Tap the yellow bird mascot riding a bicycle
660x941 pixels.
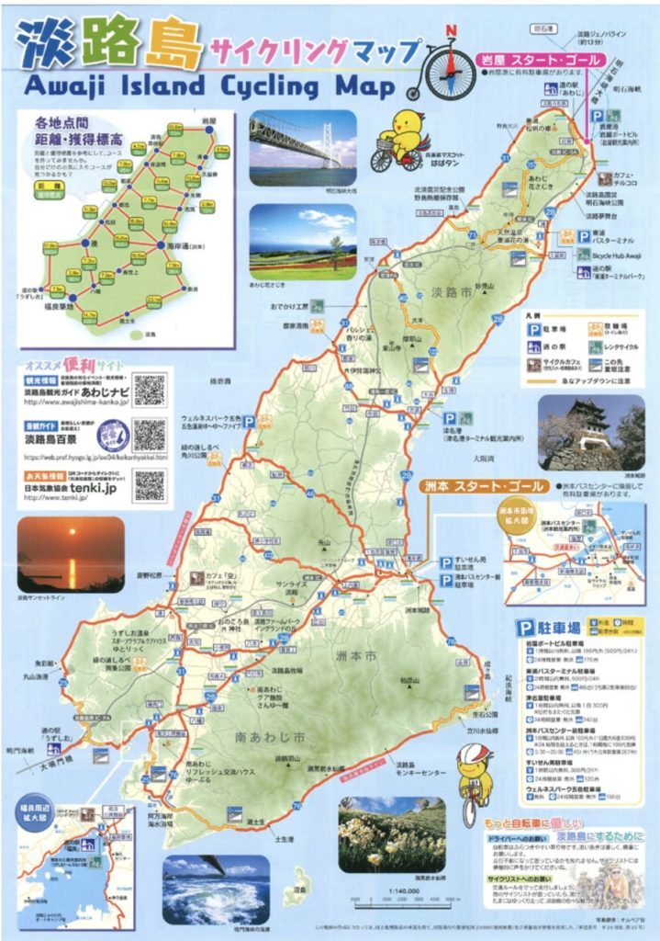[x=398, y=138]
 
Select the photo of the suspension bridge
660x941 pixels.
[x=302, y=148]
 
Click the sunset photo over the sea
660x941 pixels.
[x=70, y=553]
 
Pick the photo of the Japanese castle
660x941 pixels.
[x=590, y=432]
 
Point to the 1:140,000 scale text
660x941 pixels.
[x=409, y=890]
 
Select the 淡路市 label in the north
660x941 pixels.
[x=437, y=294]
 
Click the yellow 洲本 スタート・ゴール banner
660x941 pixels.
[x=485, y=485]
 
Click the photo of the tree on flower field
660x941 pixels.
[x=302, y=242]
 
